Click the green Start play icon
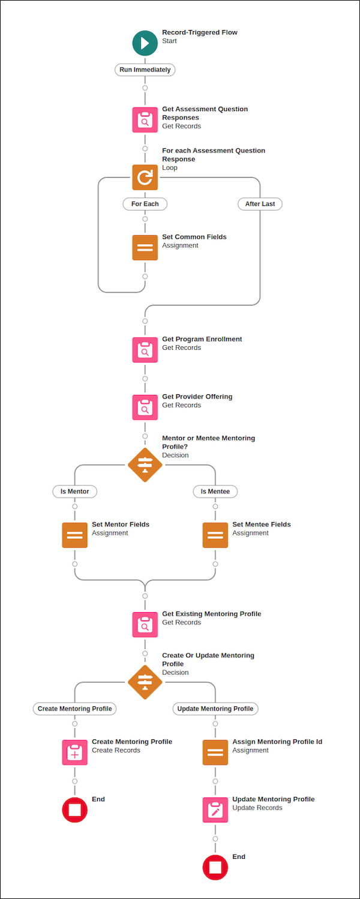[x=145, y=43]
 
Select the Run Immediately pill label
[x=145, y=70]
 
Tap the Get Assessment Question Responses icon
[x=145, y=119]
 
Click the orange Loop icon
[x=145, y=177]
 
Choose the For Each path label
[x=145, y=204]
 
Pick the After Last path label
[x=260, y=204]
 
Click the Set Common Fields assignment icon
[x=145, y=247]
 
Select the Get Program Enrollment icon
[x=145, y=349]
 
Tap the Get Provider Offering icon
[x=145, y=407]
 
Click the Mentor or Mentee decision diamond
[x=145, y=465]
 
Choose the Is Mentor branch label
[x=74, y=492]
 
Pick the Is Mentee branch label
[x=215, y=492]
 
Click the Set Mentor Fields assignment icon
[x=74, y=535]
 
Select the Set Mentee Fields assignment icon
[x=215, y=535]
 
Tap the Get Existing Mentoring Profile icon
[x=145, y=624]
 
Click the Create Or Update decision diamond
[x=145, y=682]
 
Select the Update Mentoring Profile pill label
[x=215, y=709]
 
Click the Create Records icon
[x=74, y=752]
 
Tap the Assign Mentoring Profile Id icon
[x=215, y=752]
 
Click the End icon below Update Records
[x=215, y=867]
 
